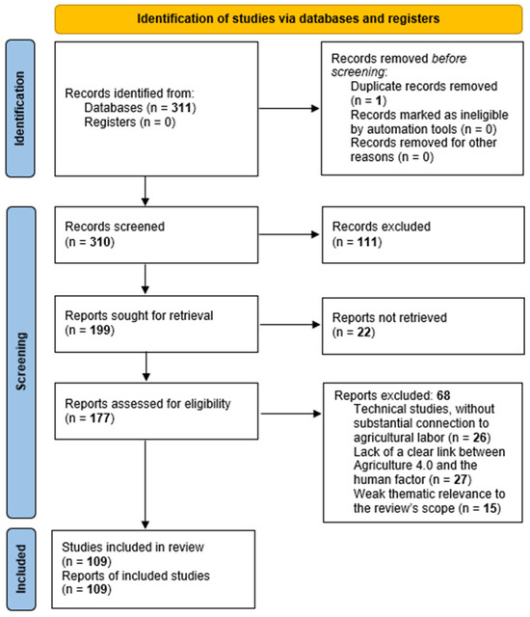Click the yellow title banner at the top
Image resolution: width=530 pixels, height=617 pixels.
point(288,19)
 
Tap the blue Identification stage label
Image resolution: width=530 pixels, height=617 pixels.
point(20,108)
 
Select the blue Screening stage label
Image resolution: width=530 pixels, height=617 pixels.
point(21,362)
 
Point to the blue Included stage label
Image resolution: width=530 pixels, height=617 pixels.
point(21,569)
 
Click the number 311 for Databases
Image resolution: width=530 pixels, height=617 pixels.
point(182,107)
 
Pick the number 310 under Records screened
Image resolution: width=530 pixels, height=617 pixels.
point(100,242)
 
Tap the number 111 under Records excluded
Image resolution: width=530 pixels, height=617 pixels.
point(367,242)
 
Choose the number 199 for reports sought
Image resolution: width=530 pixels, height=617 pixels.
point(100,330)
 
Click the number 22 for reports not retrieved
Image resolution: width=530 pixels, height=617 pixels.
point(364,332)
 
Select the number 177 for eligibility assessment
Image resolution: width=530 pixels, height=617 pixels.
point(100,417)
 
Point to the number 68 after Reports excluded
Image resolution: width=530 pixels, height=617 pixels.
point(443,395)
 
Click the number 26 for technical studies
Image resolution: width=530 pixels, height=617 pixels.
point(480,437)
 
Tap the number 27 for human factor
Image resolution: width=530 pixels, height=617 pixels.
point(461,479)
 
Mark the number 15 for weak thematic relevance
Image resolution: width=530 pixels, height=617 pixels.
point(490,508)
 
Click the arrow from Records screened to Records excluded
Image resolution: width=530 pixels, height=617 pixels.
point(289,234)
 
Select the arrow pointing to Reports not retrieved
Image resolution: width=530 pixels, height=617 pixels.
point(290,325)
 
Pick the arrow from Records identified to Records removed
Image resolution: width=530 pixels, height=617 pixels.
point(289,108)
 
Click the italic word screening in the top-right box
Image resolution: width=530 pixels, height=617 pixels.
point(358,72)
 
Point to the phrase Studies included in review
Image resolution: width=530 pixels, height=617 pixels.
point(133,547)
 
